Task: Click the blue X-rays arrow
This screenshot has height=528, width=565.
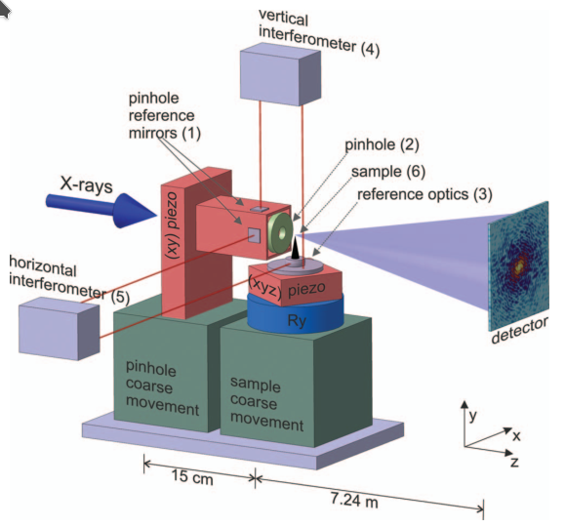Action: click(x=101, y=210)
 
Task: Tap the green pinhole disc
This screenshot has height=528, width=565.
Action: click(x=280, y=233)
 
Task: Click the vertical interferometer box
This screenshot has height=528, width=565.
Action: click(x=280, y=74)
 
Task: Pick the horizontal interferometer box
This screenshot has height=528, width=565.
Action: click(x=60, y=328)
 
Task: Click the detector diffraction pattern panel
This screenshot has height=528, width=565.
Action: click(x=518, y=266)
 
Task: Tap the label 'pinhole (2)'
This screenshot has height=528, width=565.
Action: click(x=382, y=144)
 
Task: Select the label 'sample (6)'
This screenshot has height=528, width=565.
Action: click(x=388, y=172)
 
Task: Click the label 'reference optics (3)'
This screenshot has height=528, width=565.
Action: click(x=424, y=194)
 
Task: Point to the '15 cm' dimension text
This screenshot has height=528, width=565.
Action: click(x=192, y=476)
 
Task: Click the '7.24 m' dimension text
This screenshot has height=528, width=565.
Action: click(x=354, y=500)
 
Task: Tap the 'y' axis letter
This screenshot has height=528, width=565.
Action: click(x=472, y=416)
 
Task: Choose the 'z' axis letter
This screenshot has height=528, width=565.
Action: click(x=514, y=462)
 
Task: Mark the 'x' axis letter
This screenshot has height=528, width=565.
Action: click(x=517, y=436)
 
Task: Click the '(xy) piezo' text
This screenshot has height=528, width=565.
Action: click(x=173, y=224)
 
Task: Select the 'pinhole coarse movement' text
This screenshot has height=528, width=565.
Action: click(x=162, y=388)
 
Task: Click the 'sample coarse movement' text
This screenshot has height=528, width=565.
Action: click(x=266, y=404)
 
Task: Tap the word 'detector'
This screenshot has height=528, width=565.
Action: click(x=520, y=330)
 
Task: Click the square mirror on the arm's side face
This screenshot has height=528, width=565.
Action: click(x=254, y=235)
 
